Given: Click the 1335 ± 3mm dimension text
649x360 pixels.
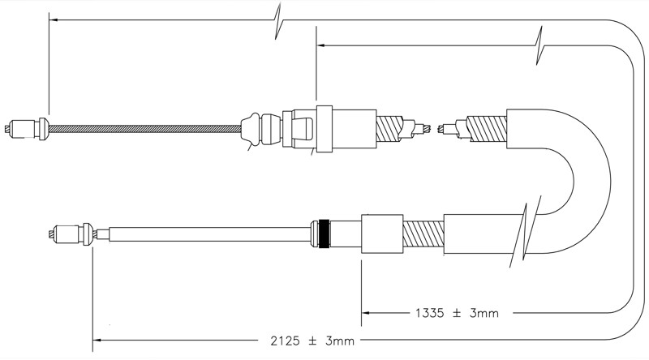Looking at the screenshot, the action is click(x=457, y=313).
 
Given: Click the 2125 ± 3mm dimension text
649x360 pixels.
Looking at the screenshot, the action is click(x=312, y=341).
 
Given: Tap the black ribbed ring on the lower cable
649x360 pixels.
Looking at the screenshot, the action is click(x=325, y=234).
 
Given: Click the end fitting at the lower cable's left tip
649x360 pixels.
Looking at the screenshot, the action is click(x=71, y=234).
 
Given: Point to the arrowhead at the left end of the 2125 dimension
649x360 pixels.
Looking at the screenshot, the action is click(x=97, y=341).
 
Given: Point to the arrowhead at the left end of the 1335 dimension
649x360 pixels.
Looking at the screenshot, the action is click(x=367, y=313).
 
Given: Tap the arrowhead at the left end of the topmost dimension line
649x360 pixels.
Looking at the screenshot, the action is click(x=54, y=19).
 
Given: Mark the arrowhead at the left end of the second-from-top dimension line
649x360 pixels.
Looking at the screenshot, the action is click(x=321, y=45).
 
